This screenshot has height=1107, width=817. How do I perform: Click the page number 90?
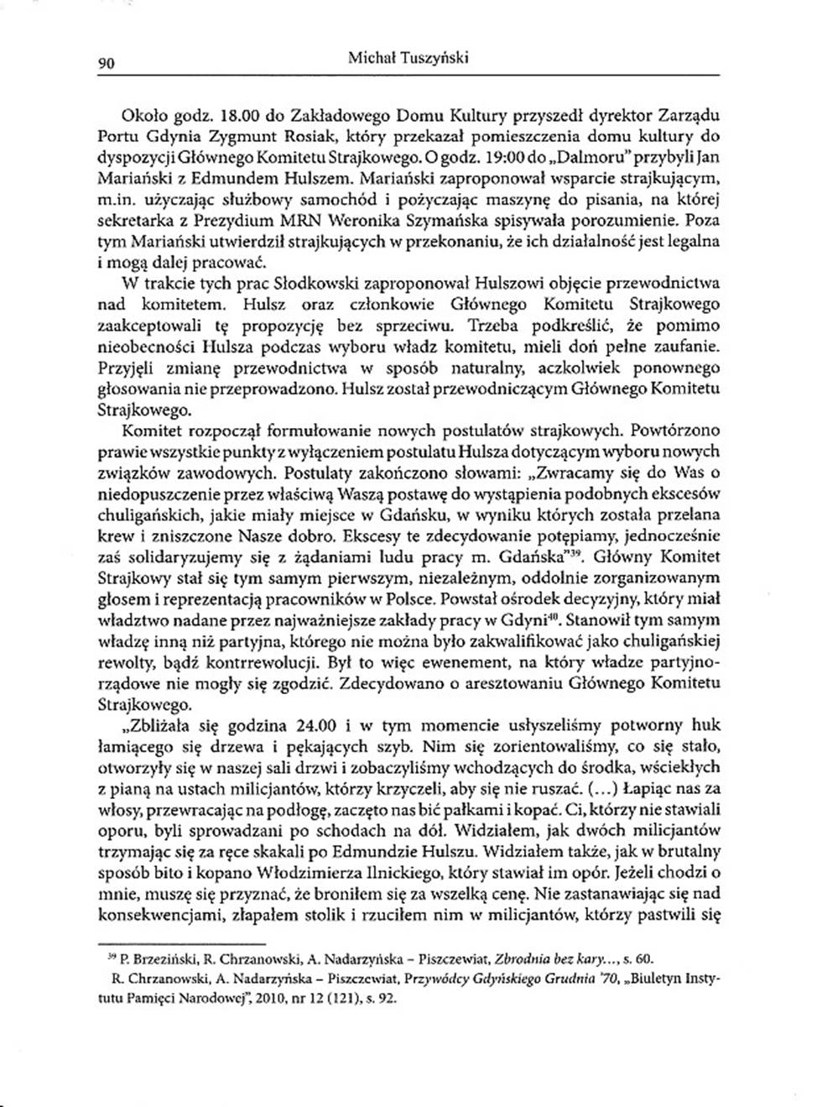click(106, 61)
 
